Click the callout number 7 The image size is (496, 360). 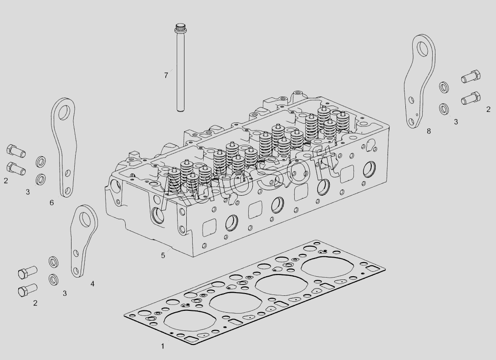[x=166, y=76]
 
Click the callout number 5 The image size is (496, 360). [x=163, y=255]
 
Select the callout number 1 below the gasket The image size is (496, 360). [x=163, y=346]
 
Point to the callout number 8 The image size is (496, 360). [x=429, y=131]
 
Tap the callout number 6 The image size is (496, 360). [x=51, y=203]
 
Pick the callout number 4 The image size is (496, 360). [x=92, y=284]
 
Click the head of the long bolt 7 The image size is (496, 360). [x=180, y=27]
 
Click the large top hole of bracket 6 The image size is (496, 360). [x=65, y=111]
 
